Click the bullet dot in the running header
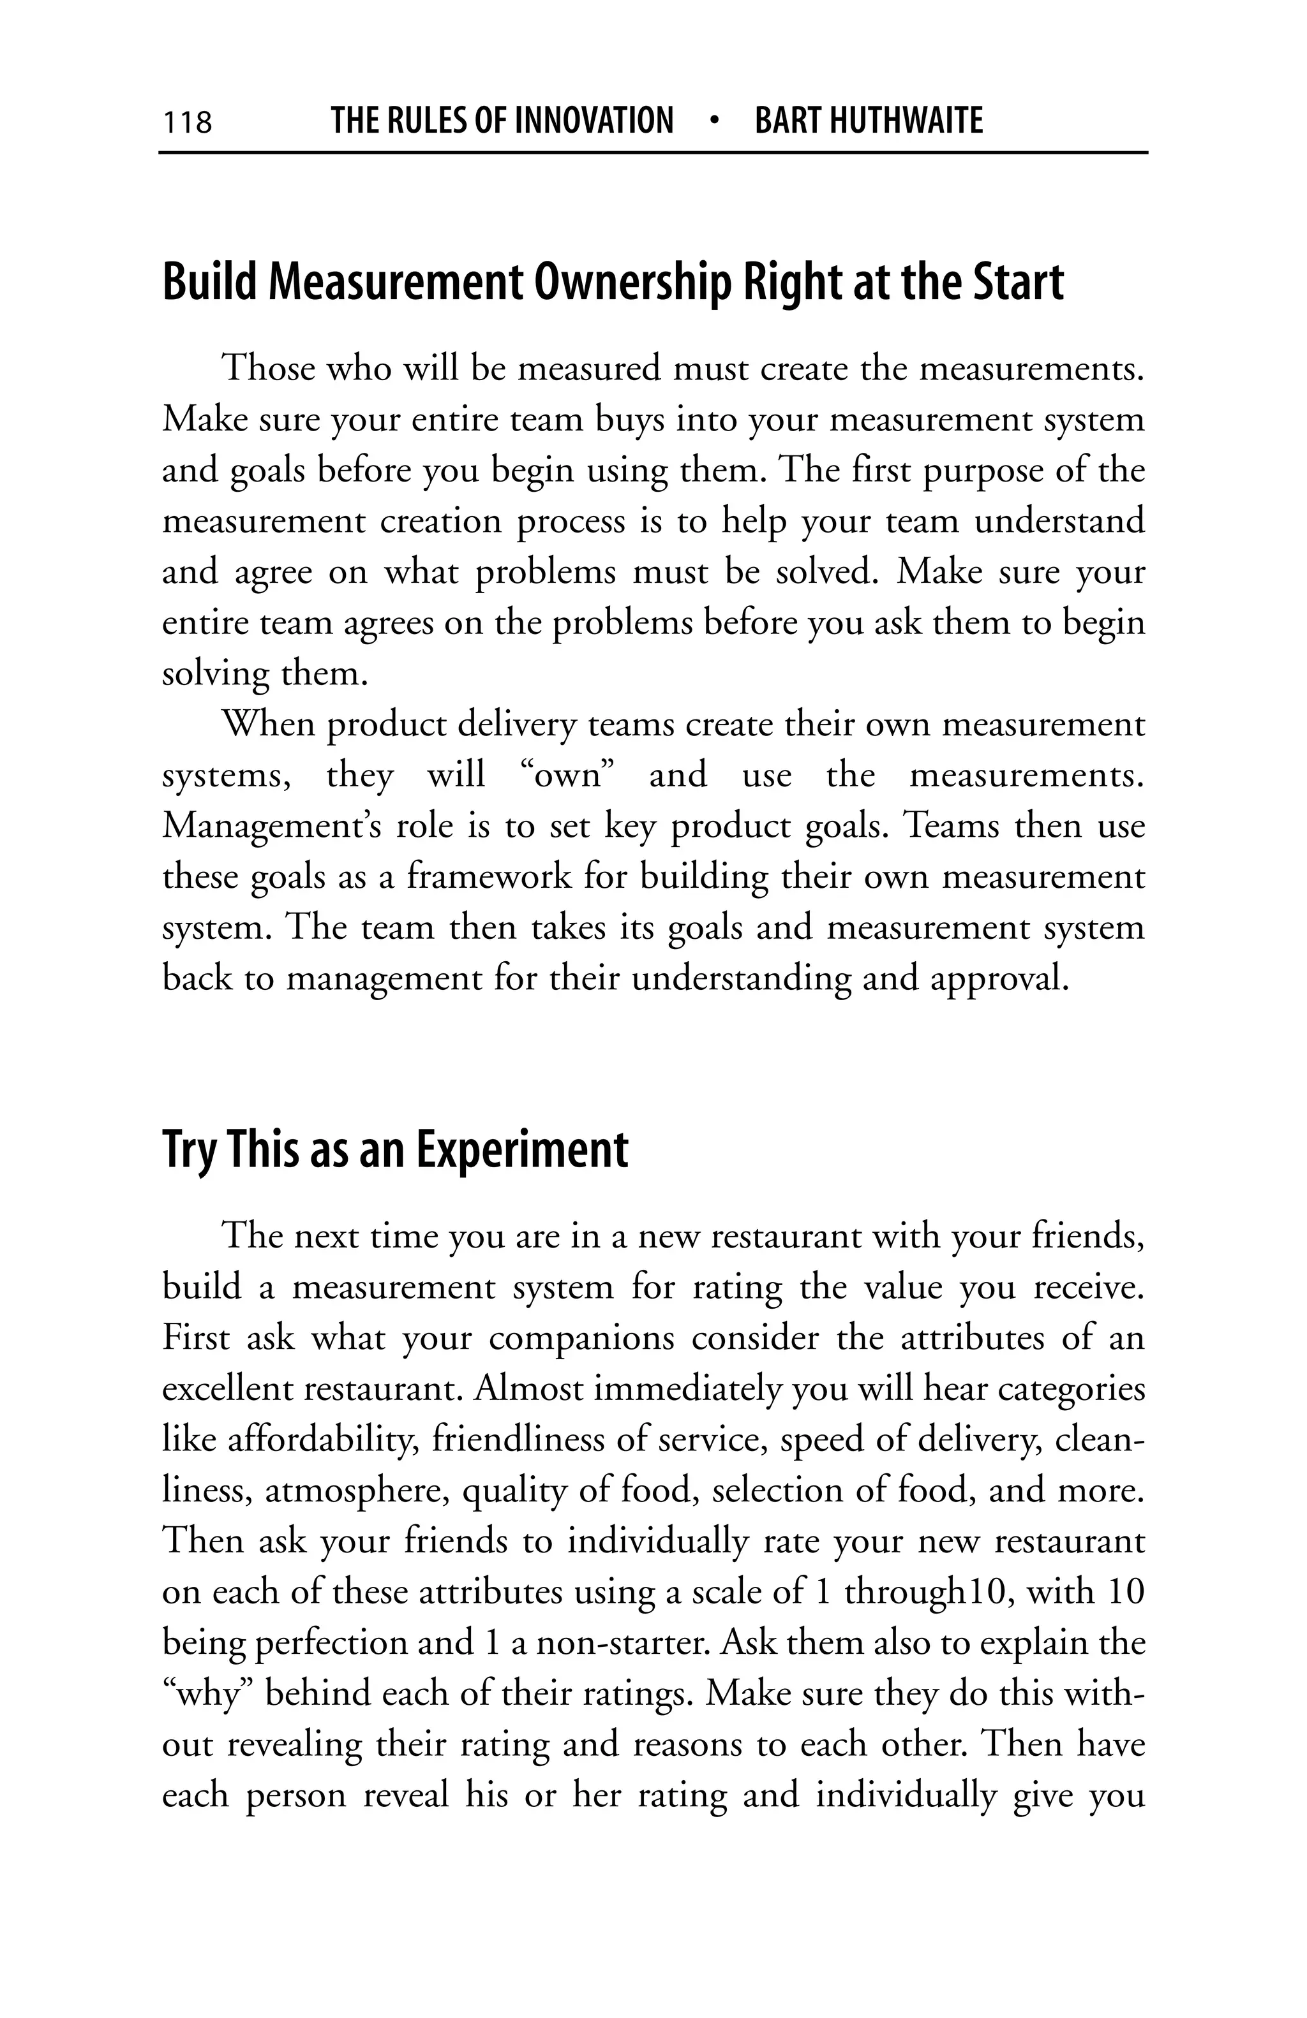[714, 121]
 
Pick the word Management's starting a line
[271, 826]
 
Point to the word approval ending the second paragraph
[997, 978]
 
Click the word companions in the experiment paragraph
[582, 1338]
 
